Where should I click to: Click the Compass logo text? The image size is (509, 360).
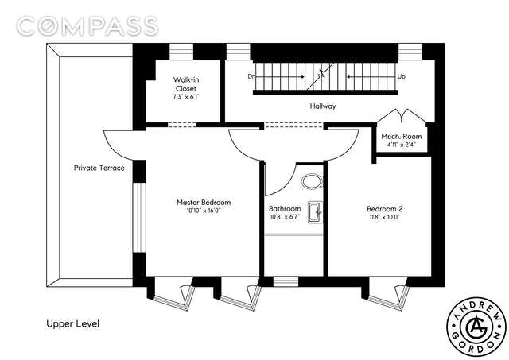87,26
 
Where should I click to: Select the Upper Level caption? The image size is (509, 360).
72,323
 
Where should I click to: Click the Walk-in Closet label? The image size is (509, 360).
186,84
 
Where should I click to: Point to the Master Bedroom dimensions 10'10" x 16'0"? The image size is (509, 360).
204,211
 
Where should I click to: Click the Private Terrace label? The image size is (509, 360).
99,168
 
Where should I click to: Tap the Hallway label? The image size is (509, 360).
323,106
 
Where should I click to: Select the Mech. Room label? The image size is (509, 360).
401,136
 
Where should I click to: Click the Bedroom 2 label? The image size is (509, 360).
384,209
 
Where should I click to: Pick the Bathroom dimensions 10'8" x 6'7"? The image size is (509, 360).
285,217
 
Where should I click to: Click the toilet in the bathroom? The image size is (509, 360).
313,182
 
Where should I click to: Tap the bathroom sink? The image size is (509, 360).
315,212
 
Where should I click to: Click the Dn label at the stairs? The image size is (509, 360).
251,76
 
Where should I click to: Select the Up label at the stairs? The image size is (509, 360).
401,77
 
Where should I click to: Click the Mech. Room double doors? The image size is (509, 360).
401,116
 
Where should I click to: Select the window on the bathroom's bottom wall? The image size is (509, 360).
286,281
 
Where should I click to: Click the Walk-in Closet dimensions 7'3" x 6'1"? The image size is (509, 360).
186,97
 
